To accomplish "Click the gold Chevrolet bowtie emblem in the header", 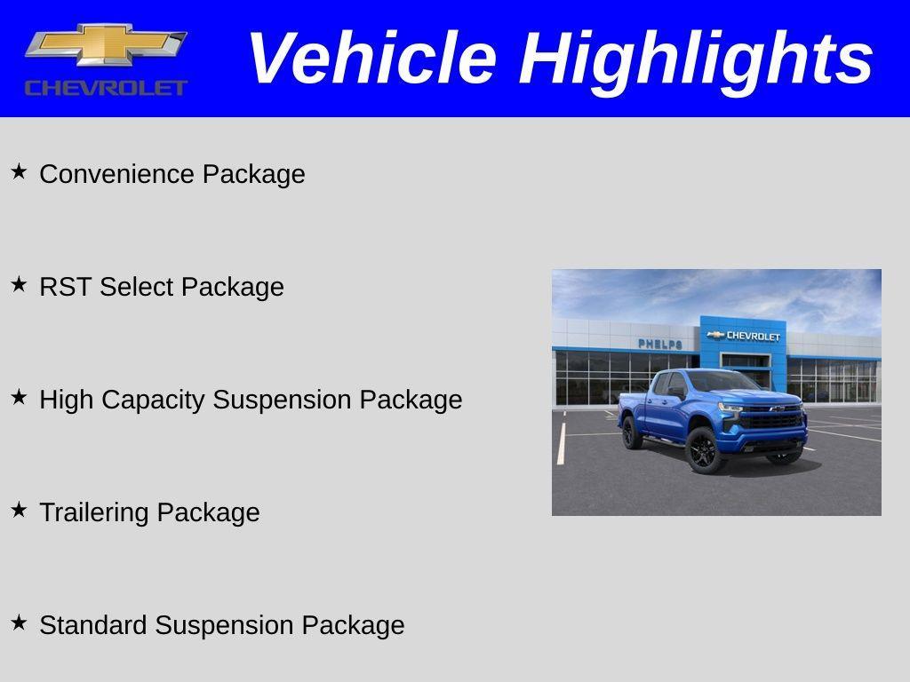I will [x=105, y=44].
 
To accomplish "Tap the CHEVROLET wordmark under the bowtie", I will [x=106, y=87].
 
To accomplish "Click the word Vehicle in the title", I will [x=371, y=59].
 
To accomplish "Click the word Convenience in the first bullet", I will [x=117, y=174].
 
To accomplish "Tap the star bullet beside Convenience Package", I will [x=19, y=171].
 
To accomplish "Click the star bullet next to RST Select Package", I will [x=19, y=284].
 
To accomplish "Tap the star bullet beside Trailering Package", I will [x=19, y=510].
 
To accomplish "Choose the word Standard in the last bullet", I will [x=93, y=625].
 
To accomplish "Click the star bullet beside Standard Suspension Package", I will [x=19, y=623].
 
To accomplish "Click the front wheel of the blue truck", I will [x=705, y=450].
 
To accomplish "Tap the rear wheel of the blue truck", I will [x=632, y=432].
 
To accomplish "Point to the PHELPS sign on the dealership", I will [x=659, y=344].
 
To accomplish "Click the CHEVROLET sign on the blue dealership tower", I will [x=745, y=336].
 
